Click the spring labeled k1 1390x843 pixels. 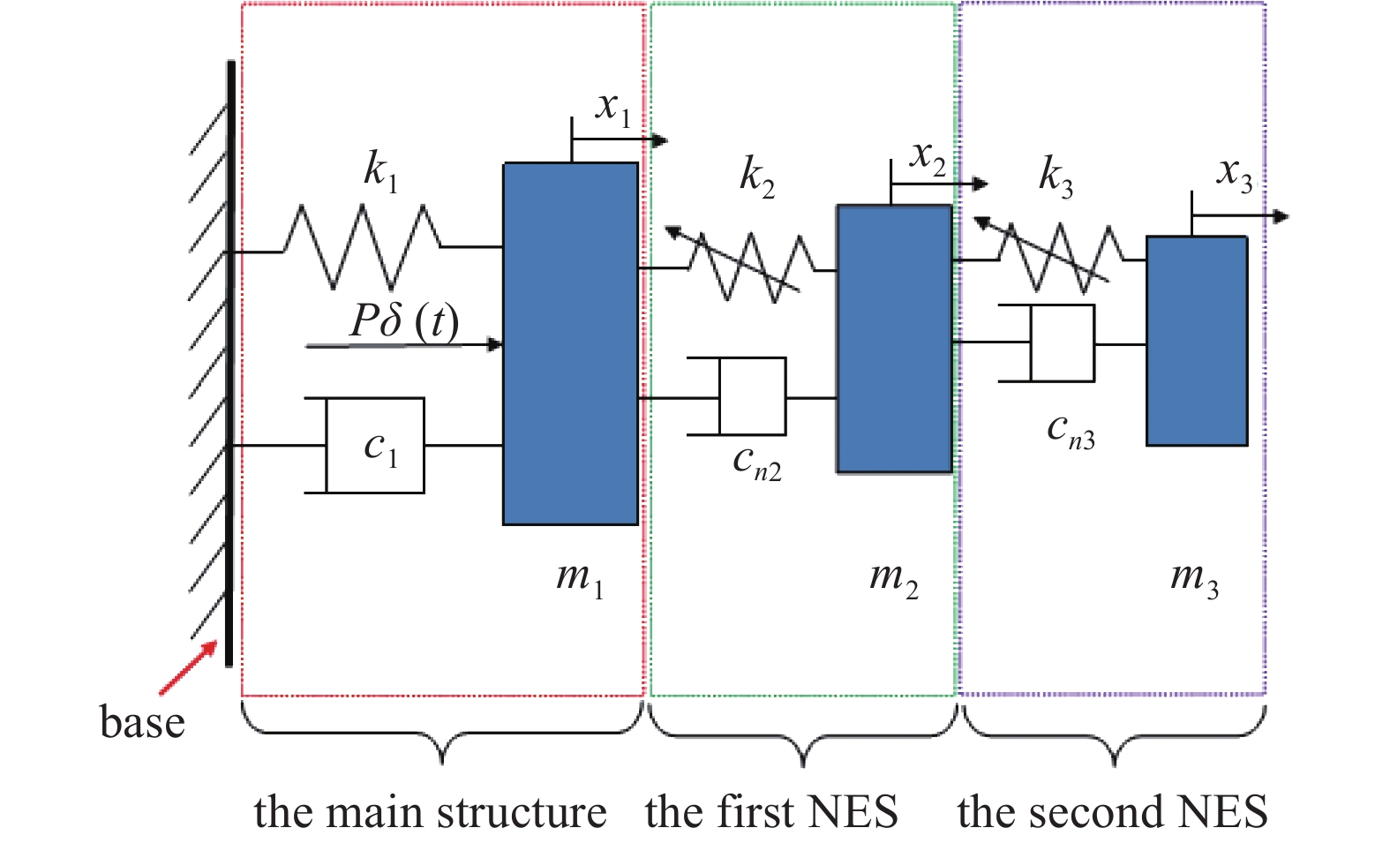pyautogui.click(x=362, y=247)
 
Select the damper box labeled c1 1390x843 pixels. pyautogui.click(x=375, y=446)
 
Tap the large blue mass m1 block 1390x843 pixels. pyautogui.click(x=570, y=344)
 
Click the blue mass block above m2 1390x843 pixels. pyautogui.click(x=894, y=339)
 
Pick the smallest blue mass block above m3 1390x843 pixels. pyautogui.click(x=1196, y=341)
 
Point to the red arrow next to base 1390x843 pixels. pyautogui.click(x=188, y=668)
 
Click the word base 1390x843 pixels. pyautogui.click(x=142, y=722)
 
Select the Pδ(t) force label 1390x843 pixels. pyautogui.click(x=404, y=321)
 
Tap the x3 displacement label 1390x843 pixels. pyautogui.click(x=1234, y=173)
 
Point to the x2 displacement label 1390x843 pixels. pyautogui.click(x=928, y=159)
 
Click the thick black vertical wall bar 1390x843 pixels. pyautogui.click(x=229, y=362)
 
